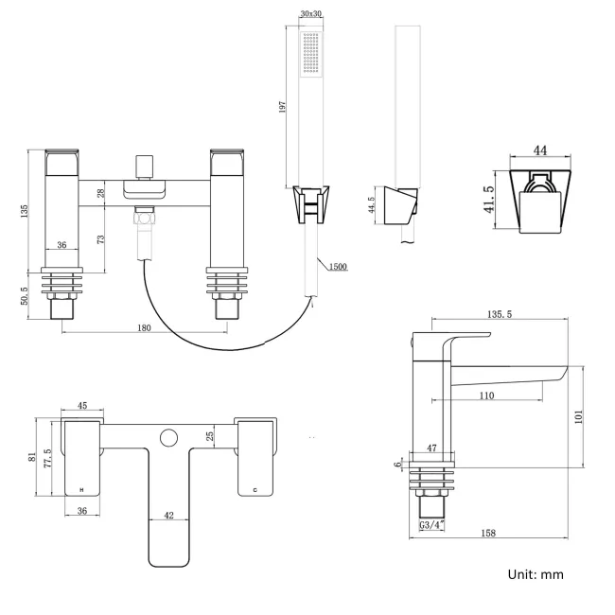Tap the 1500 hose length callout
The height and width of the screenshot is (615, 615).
point(338,267)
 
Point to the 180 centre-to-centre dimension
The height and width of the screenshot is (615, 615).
point(145,327)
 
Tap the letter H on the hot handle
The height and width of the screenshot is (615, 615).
point(81,489)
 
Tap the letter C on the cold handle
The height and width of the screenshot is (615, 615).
point(255,489)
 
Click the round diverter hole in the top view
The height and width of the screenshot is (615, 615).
point(168,437)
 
